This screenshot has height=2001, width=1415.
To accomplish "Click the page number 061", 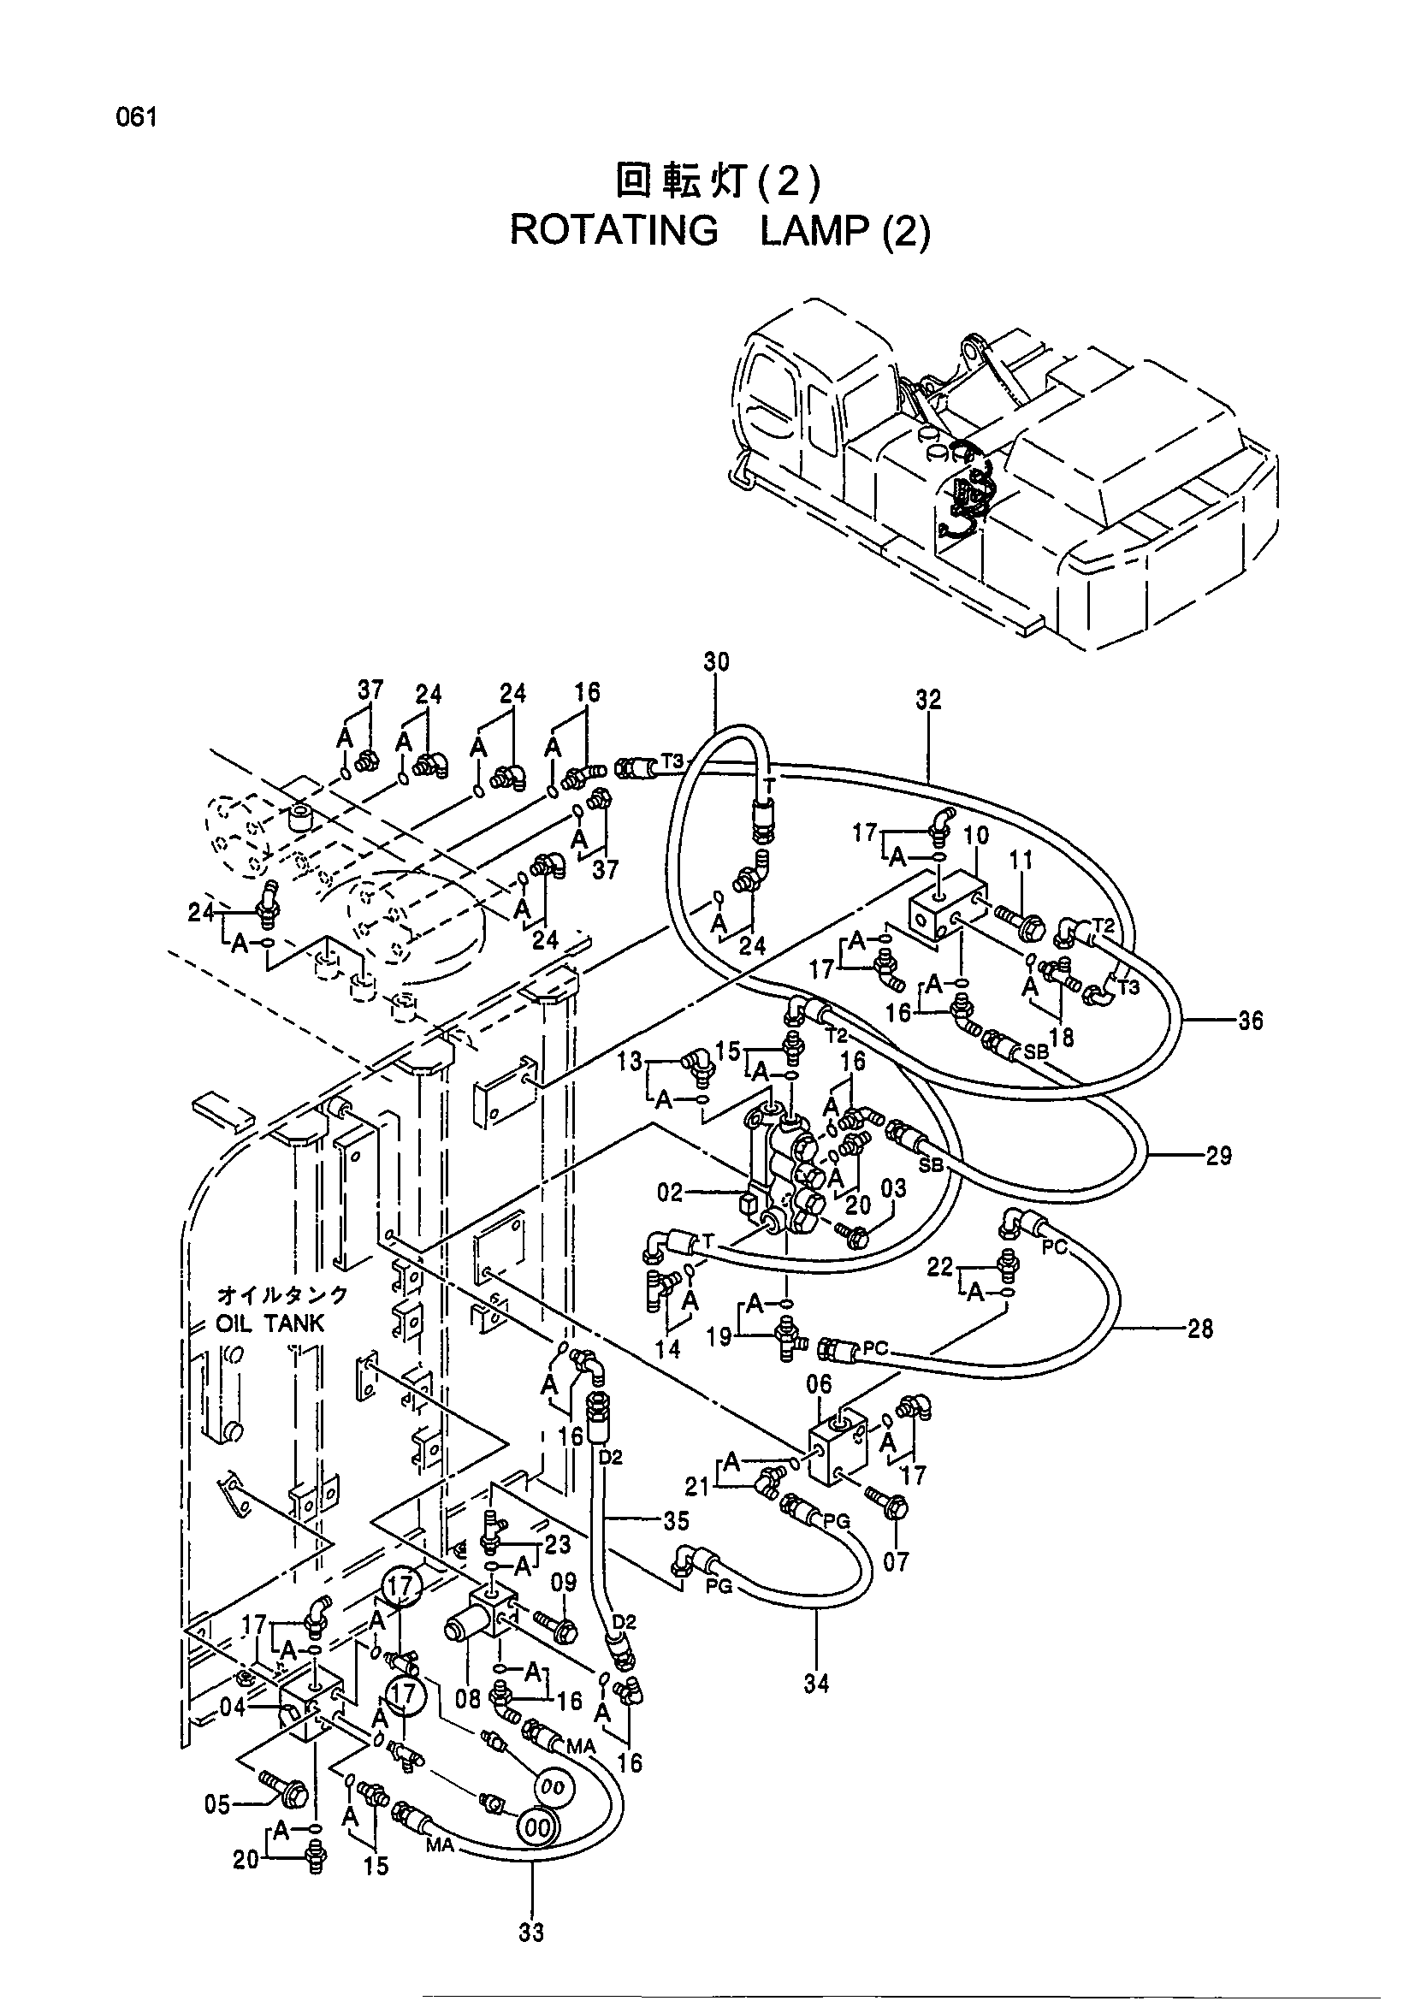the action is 138,118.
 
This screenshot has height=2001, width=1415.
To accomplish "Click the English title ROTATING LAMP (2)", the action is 719,231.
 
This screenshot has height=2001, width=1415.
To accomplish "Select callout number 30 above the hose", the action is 716,661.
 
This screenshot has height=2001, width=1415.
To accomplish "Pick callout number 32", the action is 929,700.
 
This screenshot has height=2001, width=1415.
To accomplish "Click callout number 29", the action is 1218,1157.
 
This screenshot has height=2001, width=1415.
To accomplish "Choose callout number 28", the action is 1199,1329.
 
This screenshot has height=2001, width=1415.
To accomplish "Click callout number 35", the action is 676,1522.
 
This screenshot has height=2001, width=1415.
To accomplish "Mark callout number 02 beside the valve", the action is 670,1193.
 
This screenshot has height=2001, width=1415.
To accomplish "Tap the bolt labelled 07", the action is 888,1511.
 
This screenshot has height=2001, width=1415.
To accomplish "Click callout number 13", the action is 630,1062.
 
